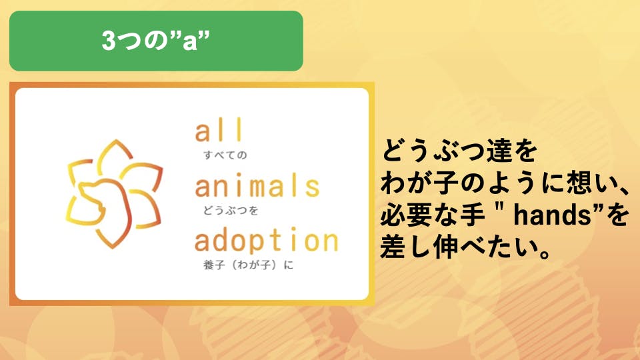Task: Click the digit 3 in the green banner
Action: pyautogui.click(x=109, y=41)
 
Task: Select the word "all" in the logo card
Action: pyautogui.click(x=219, y=130)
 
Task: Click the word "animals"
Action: pyautogui.click(x=257, y=186)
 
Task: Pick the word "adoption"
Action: pyautogui.click(x=266, y=241)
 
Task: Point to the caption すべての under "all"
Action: pyautogui.click(x=225, y=155)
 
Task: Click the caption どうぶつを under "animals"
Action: pyautogui.click(x=231, y=210)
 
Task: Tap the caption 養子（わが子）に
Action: pyautogui.click(x=248, y=265)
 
